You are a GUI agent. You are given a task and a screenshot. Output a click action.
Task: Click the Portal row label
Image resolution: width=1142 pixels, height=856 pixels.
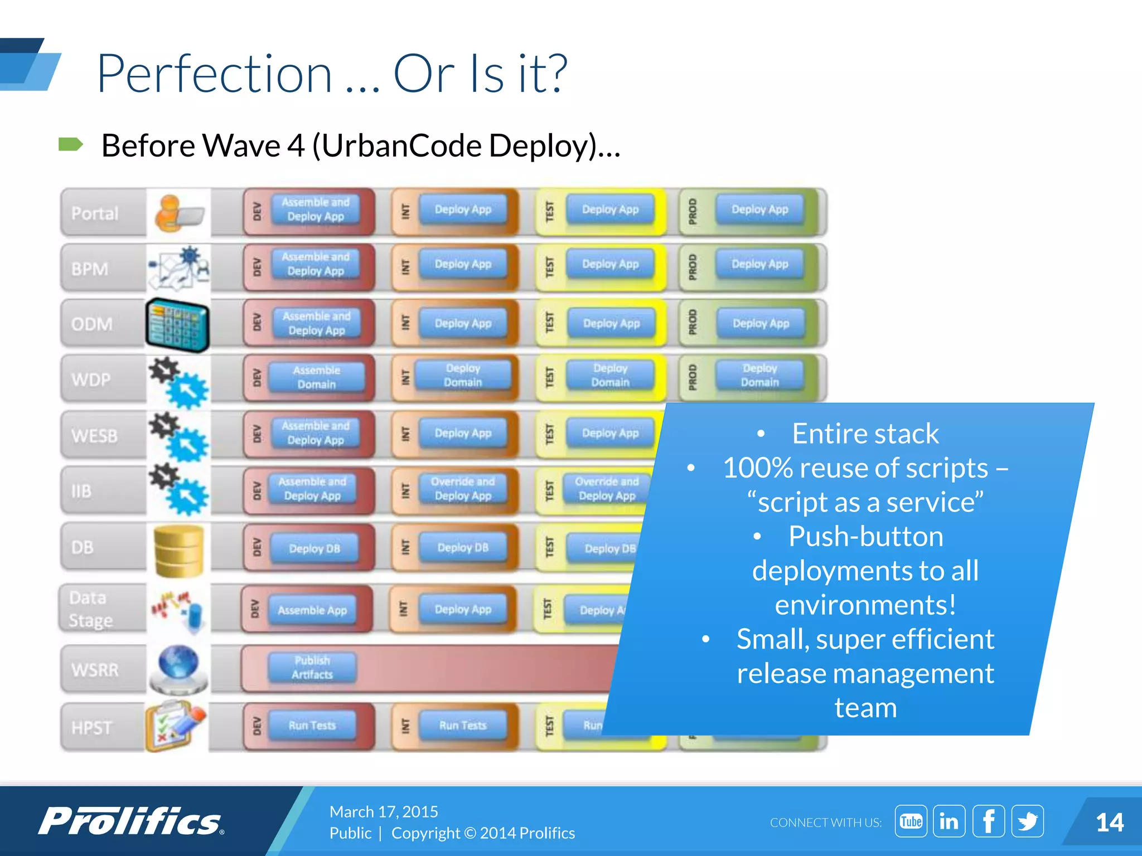pyautogui.click(x=95, y=213)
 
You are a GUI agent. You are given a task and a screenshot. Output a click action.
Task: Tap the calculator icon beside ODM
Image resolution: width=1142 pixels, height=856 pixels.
pyautogui.click(x=177, y=325)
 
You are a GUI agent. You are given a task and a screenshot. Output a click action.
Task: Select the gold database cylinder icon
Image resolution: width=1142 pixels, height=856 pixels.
pyautogui.click(x=178, y=551)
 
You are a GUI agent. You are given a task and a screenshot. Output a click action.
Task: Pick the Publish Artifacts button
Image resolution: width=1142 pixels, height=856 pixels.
pyautogui.click(x=312, y=667)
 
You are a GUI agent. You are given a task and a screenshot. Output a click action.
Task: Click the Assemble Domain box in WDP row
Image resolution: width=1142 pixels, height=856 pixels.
pyautogui.click(x=316, y=377)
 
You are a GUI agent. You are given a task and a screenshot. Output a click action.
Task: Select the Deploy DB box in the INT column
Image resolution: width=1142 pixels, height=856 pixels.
pyautogui.click(x=463, y=548)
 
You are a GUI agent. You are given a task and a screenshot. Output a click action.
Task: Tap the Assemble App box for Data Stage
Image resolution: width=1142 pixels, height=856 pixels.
pyautogui.click(x=312, y=610)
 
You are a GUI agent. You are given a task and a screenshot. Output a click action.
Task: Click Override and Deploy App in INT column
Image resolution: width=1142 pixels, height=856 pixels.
pyautogui.click(x=463, y=489)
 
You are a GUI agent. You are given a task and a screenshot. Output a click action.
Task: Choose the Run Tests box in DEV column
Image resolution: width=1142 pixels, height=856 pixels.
pyautogui.click(x=312, y=725)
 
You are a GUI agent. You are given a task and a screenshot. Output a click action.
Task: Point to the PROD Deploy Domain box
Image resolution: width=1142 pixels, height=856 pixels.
pyautogui.click(x=759, y=375)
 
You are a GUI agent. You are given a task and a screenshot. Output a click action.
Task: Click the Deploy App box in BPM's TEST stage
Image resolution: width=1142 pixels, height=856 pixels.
pyautogui.click(x=610, y=264)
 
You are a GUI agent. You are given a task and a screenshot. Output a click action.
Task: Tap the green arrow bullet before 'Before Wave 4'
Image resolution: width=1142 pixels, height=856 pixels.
pyautogui.click(x=70, y=145)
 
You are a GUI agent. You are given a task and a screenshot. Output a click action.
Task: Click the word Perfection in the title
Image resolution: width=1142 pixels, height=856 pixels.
pyautogui.click(x=215, y=74)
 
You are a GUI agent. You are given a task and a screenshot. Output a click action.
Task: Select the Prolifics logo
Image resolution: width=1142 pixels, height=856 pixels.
pyautogui.click(x=131, y=821)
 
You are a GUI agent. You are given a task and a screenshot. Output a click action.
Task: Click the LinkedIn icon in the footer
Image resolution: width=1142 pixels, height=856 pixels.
pyautogui.click(x=949, y=821)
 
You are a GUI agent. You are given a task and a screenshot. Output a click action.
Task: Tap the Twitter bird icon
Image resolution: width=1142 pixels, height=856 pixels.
pyautogui.click(x=1027, y=821)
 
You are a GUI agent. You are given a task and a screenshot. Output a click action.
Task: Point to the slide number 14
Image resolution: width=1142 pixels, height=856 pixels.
pyautogui.click(x=1109, y=823)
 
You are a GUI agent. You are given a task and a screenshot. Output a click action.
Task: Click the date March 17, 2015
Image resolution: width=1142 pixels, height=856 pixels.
pyautogui.click(x=384, y=811)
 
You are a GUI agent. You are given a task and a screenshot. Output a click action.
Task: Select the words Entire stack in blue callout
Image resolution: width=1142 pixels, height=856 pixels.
pyautogui.click(x=865, y=434)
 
